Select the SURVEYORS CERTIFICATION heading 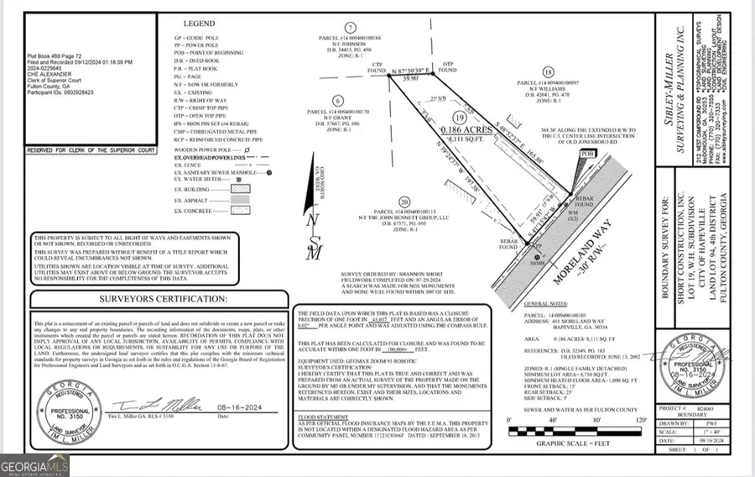[x=164, y=298]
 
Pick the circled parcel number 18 [x=549, y=72]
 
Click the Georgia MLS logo [x=34, y=463]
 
